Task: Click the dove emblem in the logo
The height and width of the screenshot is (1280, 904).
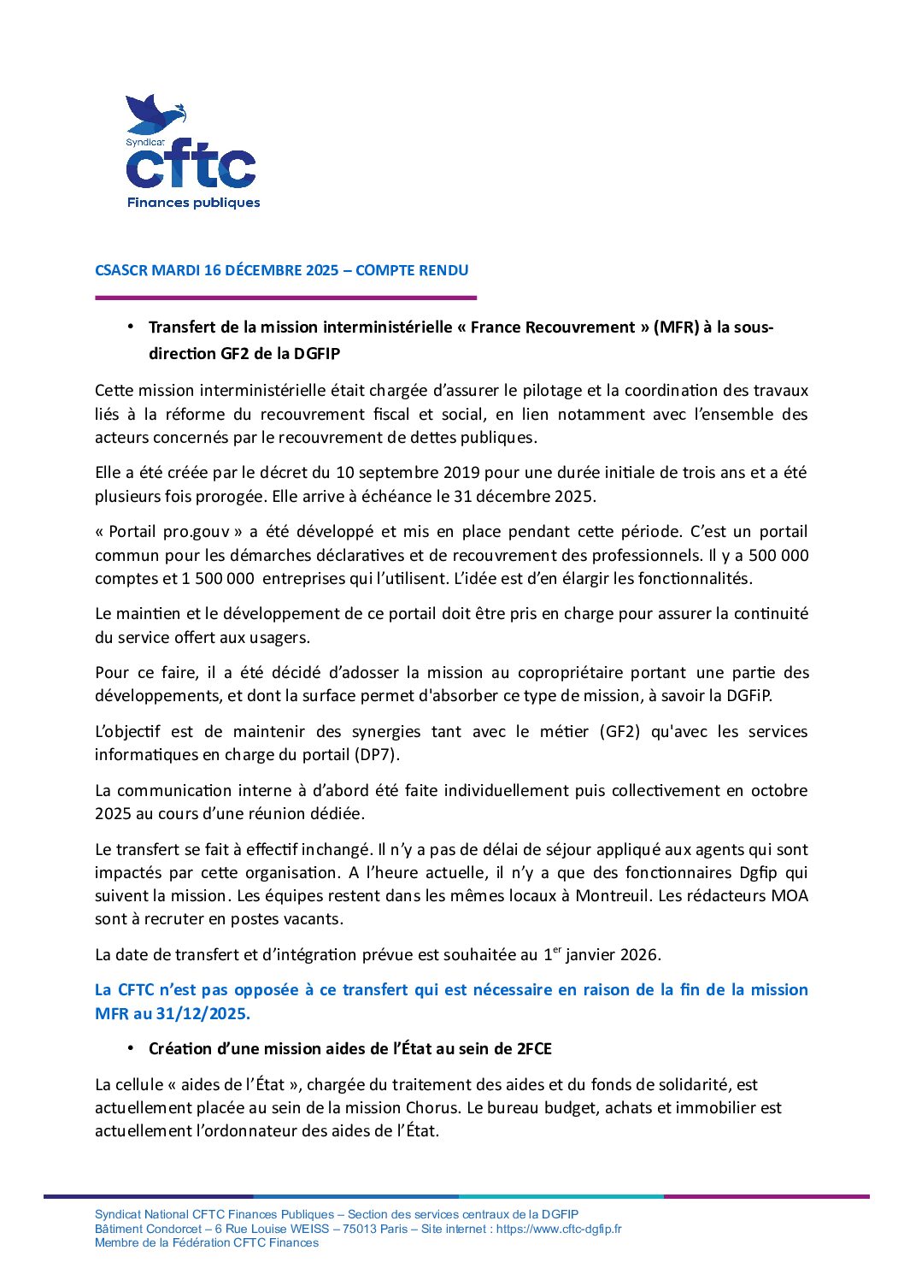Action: pyautogui.click(x=154, y=114)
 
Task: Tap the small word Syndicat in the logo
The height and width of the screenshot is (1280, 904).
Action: pyautogui.click(x=145, y=143)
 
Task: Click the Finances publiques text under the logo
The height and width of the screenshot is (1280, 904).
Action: pyautogui.click(x=193, y=203)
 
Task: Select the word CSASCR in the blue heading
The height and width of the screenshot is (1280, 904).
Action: pyautogui.click(x=121, y=270)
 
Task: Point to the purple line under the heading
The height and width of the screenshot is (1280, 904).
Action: pyautogui.click(x=285, y=298)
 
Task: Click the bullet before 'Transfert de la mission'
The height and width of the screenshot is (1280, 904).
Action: pyautogui.click(x=131, y=327)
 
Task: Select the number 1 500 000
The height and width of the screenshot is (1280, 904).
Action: pyautogui.click(x=218, y=578)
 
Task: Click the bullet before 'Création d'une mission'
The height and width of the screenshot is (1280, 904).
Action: pyautogui.click(x=131, y=1048)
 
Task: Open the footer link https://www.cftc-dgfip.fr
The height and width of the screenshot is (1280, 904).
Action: pyautogui.click(x=559, y=1229)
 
